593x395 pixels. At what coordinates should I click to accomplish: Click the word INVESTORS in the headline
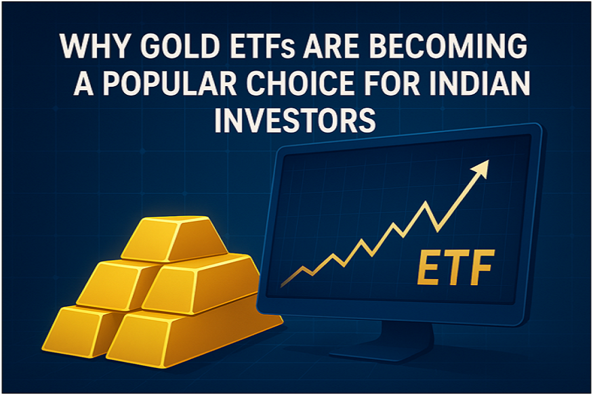[x=295, y=122]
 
